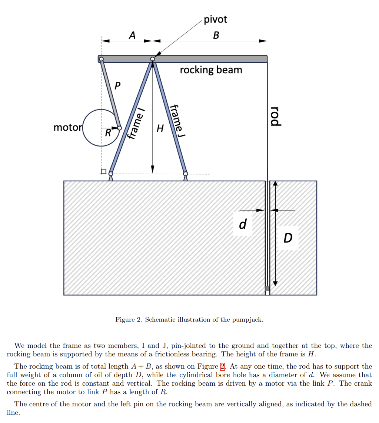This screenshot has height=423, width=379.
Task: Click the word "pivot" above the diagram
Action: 215,19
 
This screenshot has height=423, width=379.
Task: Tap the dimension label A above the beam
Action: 132,36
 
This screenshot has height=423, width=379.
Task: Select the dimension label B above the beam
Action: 216,36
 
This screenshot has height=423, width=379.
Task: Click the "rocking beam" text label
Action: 211,70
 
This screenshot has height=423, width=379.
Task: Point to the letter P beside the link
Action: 117,86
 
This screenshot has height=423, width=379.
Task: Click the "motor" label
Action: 67,128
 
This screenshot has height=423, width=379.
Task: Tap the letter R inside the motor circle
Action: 107,133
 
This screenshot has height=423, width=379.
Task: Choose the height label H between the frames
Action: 160,128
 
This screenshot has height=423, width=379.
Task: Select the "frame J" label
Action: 176,121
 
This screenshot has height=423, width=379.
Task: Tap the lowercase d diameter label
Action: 243,224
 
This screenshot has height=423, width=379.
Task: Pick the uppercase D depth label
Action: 288,238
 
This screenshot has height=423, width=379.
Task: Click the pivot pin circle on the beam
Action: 153,59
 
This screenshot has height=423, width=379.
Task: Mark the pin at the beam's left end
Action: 101,59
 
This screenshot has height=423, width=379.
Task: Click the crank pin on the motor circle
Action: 119,128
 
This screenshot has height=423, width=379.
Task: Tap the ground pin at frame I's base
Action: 111,174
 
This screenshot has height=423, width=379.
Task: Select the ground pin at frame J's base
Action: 186,174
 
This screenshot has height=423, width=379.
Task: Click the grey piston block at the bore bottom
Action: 267,289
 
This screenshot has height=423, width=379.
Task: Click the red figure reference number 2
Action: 223,367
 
